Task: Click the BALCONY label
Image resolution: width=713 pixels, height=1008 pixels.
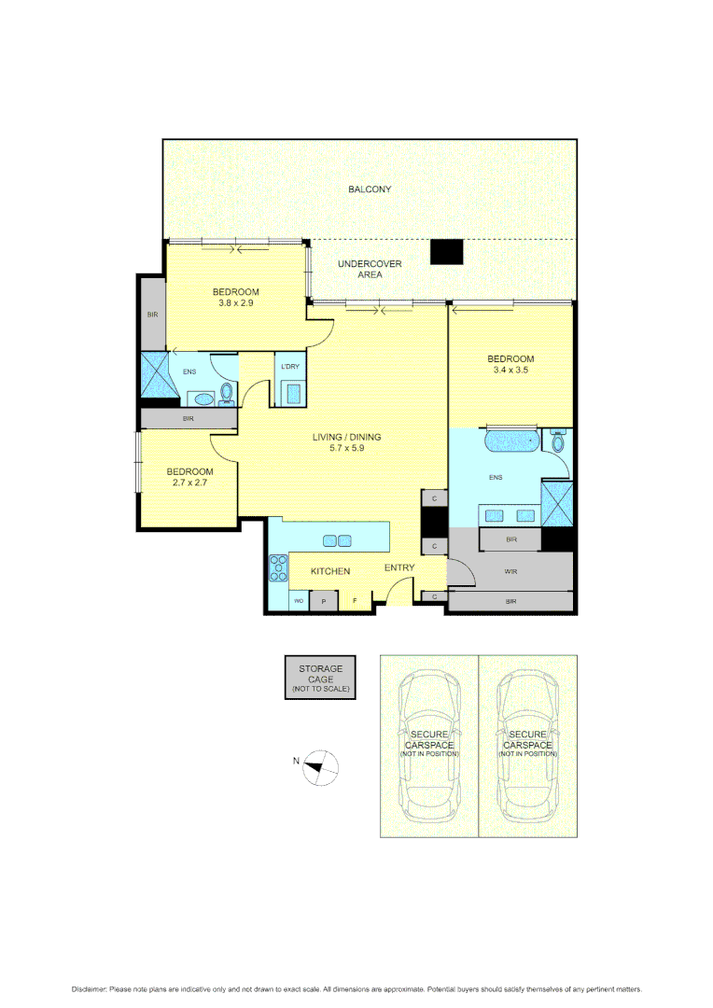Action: (370, 189)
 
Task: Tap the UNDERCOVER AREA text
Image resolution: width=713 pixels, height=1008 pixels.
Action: (370, 270)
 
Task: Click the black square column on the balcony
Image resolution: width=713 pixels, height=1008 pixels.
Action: (446, 252)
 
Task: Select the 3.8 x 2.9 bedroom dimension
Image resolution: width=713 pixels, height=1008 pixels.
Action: (236, 303)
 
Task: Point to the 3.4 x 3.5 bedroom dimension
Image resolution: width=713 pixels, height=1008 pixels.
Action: (510, 371)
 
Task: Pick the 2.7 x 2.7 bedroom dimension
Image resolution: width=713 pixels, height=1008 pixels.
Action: (189, 483)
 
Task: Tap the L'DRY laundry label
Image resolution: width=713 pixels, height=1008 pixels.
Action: (289, 367)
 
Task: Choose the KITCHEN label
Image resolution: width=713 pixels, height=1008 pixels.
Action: (330, 571)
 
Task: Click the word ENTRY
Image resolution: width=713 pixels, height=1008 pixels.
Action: (400, 567)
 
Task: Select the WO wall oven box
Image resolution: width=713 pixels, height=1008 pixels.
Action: (299, 602)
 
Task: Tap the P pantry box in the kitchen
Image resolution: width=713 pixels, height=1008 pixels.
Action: (323, 602)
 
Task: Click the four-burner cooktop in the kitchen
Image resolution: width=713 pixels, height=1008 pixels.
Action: (279, 567)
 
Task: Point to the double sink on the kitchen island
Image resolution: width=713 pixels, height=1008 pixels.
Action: (337, 540)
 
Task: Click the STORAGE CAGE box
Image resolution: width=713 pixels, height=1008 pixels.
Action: (320, 678)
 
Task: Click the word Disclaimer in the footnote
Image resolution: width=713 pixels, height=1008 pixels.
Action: (90, 988)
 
